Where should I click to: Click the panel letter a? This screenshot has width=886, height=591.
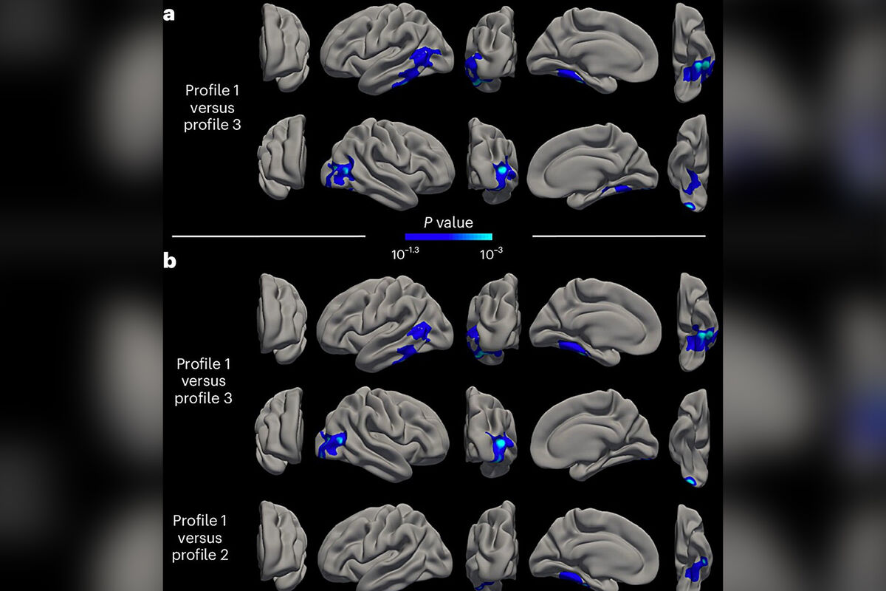pyautogui.click(x=169, y=13)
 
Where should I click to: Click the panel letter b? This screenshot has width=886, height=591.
pyautogui.click(x=170, y=261)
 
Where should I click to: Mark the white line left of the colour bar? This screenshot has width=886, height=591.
pyautogui.click(x=269, y=236)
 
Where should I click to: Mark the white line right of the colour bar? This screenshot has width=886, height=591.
pyautogui.click(x=619, y=236)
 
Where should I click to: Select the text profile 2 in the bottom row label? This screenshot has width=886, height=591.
pyautogui.click(x=200, y=555)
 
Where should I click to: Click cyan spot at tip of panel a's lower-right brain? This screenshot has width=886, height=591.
pyautogui.click(x=690, y=207)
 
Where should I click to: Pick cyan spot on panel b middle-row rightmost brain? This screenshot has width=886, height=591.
pyautogui.click(x=691, y=481)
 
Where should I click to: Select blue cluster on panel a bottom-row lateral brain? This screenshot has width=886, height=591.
pyautogui.click(x=340, y=174)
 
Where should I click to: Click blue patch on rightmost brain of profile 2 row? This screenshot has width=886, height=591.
pyautogui.click(x=695, y=570)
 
